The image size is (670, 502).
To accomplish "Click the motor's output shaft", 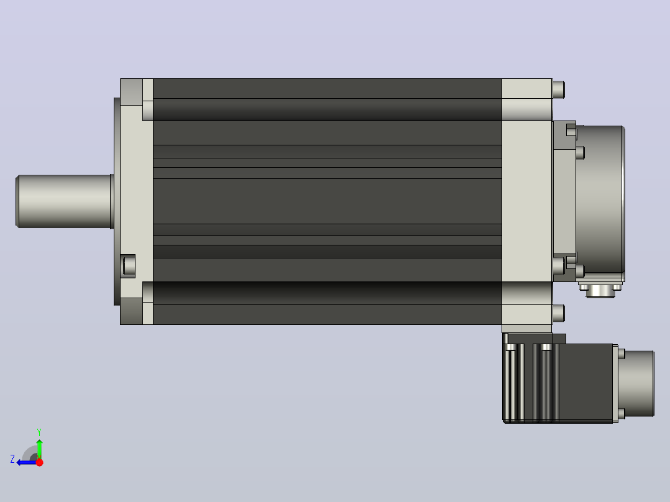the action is pos(64,201).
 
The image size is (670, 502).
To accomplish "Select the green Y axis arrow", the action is pos(39,449).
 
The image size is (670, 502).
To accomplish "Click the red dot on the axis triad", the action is pos(39,462).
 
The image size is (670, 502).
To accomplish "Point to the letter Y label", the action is pos(39,432).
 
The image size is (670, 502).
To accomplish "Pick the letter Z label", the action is pos(12,459).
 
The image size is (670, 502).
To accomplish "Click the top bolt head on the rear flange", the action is pos(559,89).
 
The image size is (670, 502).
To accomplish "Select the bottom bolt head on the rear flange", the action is pos(559,314).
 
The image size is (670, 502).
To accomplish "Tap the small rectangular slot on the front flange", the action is pos(128,266).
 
